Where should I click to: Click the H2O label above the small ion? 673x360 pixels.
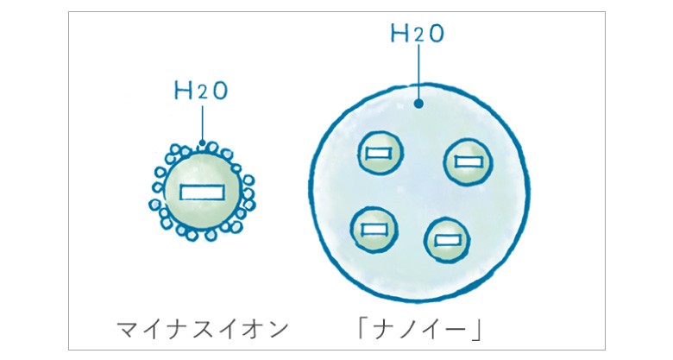click(200, 91)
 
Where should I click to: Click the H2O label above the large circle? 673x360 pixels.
click(418, 34)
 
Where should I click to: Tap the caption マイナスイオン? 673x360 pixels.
click(203, 330)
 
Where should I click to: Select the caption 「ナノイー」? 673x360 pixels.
click(420, 330)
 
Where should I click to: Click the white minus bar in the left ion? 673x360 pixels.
click(202, 192)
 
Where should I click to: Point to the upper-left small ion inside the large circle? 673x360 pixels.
click(380, 153)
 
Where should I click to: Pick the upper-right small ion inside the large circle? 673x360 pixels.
click(468, 162)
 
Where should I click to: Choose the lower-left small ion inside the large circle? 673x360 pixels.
click(374, 230)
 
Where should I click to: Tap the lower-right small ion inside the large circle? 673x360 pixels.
click(447, 240)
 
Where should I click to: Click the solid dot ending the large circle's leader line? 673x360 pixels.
click(419, 104)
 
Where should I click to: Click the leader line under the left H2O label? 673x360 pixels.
click(202, 124)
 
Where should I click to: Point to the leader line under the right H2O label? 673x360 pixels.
click(419, 73)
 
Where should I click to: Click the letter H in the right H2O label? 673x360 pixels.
click(399, 34)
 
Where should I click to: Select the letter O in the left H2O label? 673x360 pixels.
click(220, 92)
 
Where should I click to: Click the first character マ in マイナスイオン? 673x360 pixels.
click(128, 330)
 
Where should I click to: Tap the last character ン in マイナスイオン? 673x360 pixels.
click(278, 330)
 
